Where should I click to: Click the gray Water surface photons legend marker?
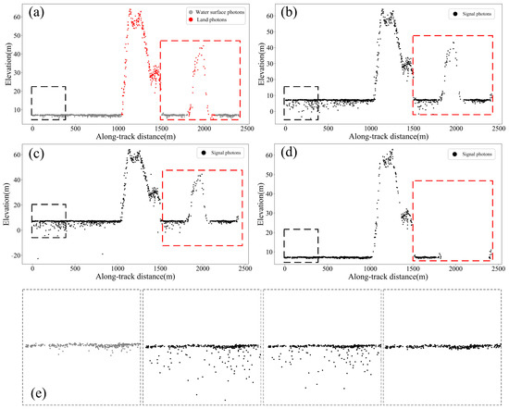168,12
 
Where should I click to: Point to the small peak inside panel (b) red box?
453,51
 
